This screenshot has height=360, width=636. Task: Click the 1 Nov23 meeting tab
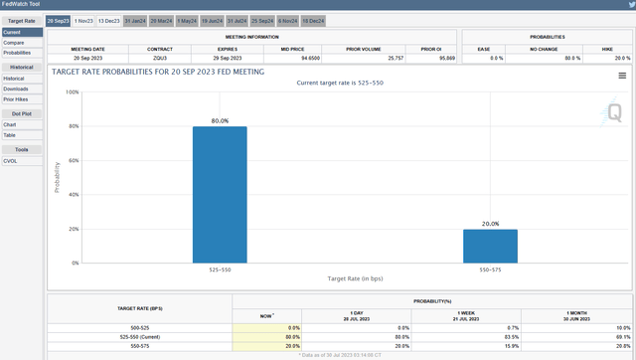(83, 20)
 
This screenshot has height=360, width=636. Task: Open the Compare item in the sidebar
(14, 43)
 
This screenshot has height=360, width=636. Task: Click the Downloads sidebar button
(16, 89)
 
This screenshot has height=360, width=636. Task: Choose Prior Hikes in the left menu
(17, 99)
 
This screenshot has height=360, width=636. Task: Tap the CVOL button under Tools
(12, 160)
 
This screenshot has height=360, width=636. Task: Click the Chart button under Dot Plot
(11, 124)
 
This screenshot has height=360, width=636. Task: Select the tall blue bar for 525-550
(220, 195)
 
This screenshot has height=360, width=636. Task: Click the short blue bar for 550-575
(490, 247)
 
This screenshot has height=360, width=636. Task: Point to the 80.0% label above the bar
(220, 120)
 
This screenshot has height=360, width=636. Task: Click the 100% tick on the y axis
(73, 91)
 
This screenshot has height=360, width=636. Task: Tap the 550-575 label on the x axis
(490, 270)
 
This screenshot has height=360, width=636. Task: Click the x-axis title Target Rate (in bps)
(355, 281)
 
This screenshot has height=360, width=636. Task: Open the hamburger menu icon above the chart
(622, 75)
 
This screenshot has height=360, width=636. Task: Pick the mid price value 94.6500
(321, 59)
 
